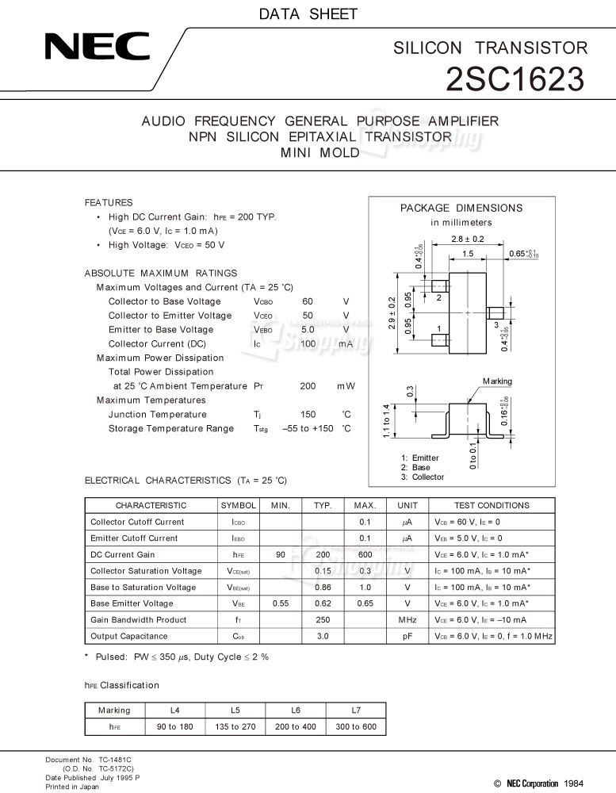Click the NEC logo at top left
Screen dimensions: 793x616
(x=98, y=48)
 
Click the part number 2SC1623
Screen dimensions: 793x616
(x=516, y=79)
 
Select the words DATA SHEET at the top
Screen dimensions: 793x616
(x=308, y=13)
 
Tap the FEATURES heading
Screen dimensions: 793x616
(x=109, y=202)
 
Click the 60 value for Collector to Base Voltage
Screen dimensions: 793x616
(x=308, y=301)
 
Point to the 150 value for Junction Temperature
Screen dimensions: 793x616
(x=308, y=415)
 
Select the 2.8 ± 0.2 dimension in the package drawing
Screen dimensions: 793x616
(x=467, y=239)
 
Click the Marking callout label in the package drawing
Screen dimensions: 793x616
(x=497, y=381)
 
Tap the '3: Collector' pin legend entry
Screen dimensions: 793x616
(x=423, y=477)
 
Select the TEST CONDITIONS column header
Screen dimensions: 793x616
(x=492, y=505)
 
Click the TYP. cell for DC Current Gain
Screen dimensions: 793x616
(x=323, y=554)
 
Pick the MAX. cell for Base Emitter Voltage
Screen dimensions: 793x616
(x=365, y=603)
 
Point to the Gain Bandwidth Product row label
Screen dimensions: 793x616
(x=139, y=620)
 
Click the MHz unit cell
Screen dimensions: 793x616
(x=407, y=620)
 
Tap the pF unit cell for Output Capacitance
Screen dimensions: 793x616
(x=407, y=636)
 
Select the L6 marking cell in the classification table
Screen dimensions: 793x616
(x=296, y=710)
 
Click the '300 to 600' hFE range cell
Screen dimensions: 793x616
(x=356, y=726)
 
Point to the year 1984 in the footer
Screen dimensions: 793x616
(x=576, y=783)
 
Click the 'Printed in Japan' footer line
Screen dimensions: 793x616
(x=72, y=787)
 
